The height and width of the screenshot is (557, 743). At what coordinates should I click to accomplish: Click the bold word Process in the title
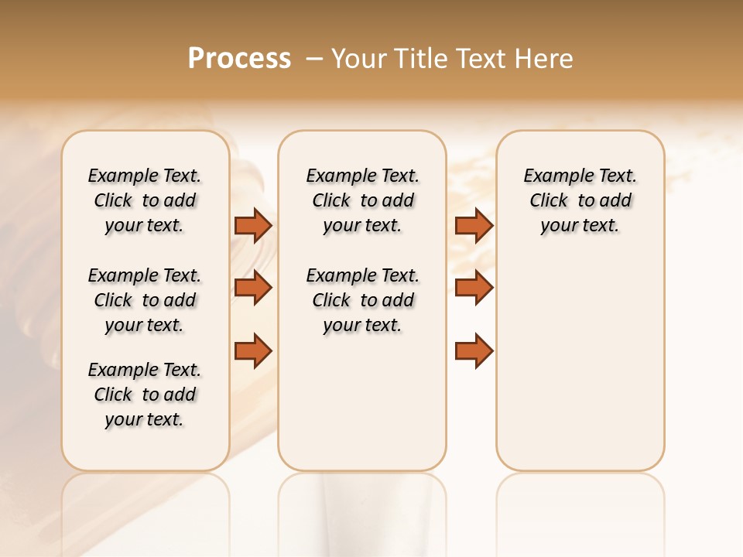[239, 59]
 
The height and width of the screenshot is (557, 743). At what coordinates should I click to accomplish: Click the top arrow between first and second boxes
[252, 225]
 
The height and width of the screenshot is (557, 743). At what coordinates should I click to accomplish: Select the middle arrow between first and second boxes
[252, 288]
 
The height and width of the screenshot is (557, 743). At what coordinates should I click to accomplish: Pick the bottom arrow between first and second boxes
[252, 350]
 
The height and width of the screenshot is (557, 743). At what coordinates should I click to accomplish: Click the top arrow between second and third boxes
[473, 225]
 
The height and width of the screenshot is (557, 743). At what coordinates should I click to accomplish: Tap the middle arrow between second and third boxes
[473, 288]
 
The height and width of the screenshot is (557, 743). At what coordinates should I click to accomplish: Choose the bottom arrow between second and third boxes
[473, 350]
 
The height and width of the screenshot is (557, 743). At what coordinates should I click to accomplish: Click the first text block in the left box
[145, 200]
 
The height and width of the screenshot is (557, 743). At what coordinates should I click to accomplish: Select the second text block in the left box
[145, 300]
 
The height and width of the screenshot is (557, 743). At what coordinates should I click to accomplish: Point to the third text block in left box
[145, 395]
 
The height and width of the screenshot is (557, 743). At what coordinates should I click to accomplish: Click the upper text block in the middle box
[362, 200]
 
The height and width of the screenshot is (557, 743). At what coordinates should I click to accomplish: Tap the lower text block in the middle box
[362, 300]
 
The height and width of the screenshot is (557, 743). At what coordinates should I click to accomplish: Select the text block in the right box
[580, 200]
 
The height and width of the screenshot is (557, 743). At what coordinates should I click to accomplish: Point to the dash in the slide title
[314, 59]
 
